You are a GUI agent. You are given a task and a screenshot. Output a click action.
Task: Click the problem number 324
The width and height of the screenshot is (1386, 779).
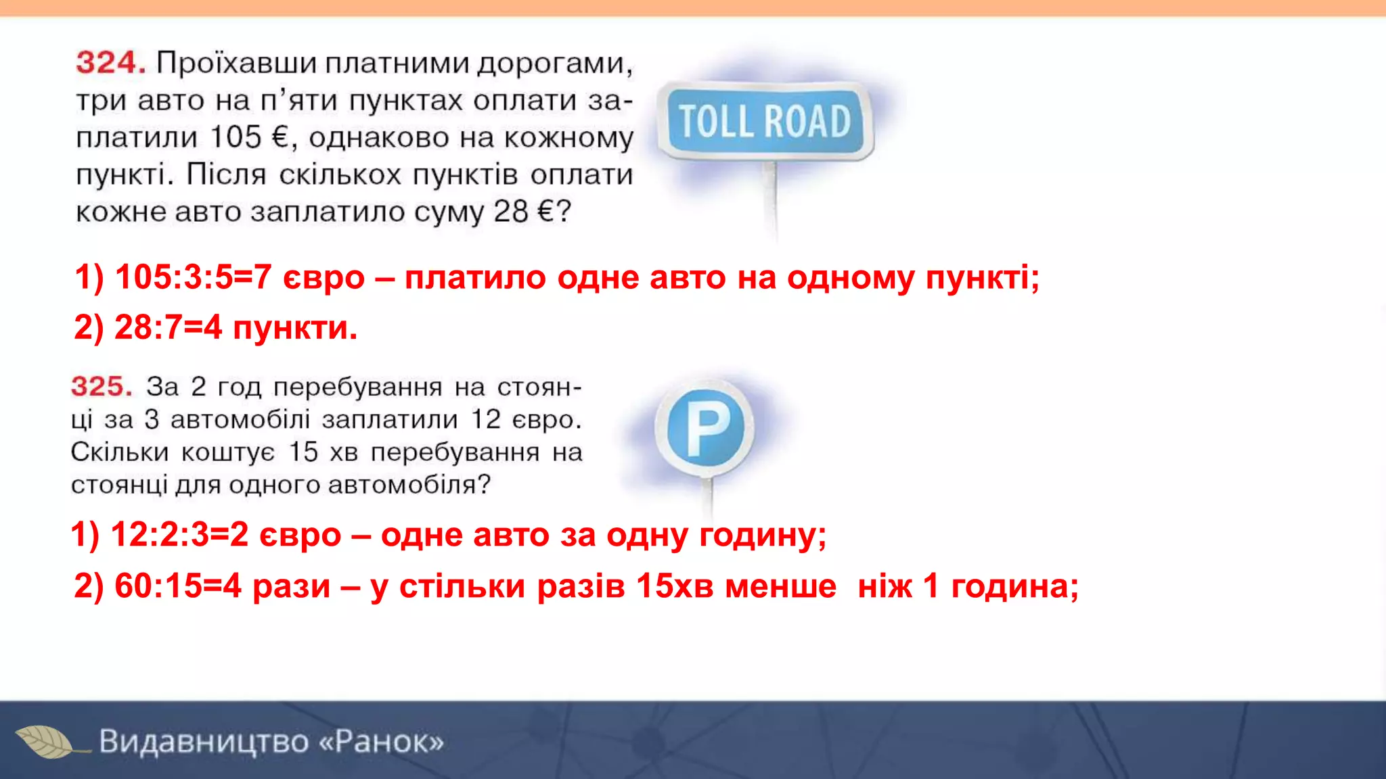tap(110, 63)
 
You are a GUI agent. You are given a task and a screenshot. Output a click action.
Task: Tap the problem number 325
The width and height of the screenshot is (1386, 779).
tap(102, 387)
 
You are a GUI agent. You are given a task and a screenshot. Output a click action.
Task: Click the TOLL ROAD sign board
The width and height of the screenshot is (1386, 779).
tap(765, 122)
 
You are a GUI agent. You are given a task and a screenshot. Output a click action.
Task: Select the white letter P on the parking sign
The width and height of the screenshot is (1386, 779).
tap(706, 429)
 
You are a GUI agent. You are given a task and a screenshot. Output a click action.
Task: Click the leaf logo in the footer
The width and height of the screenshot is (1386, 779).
tap(46, 742)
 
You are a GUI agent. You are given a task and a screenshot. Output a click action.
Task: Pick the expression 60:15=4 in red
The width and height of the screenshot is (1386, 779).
tap(177, 586)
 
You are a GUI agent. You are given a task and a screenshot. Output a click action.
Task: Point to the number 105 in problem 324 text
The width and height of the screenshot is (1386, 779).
tap(236, 137)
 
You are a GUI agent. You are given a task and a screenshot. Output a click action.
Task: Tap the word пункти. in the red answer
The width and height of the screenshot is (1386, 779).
tap(294, 329)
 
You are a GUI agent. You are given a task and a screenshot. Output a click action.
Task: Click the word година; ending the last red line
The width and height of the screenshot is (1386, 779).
tap(1014, 586)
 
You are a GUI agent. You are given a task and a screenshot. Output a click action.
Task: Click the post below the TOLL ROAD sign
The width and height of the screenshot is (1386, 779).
tap(770, 199)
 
